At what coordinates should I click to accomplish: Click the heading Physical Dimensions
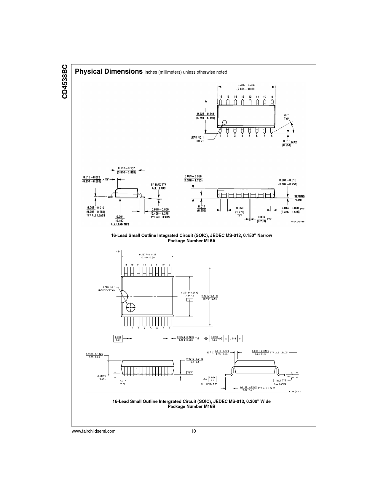(109, 72)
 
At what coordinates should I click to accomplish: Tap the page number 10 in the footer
(193, 431)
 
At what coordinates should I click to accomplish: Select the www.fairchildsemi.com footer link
(93, 431)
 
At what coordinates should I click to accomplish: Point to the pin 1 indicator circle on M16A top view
(224, 122)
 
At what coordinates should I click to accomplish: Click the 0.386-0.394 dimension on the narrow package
(246, 87)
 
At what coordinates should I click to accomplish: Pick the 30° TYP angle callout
(286, 116)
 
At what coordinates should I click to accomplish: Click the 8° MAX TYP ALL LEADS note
(159, 186)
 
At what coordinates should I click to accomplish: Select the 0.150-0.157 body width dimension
(126, 170)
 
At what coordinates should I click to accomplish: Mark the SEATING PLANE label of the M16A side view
(299, 198)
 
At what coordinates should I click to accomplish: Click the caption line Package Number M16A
(192, 241)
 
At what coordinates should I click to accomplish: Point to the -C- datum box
(189, 300)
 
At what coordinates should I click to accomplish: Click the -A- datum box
(189, 373)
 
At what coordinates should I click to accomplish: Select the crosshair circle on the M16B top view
(130, 307)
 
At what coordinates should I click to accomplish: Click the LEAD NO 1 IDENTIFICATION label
(107, 289)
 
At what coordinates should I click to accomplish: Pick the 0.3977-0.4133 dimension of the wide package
(148, 256)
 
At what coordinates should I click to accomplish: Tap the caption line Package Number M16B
(192, 407)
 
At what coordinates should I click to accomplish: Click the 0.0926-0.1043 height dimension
(94, 355)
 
